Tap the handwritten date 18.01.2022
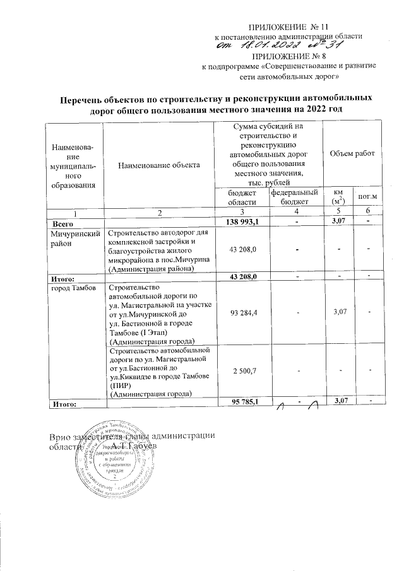pos(253,45)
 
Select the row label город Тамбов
pos(73,288)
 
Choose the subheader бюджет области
pos(242,196)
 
